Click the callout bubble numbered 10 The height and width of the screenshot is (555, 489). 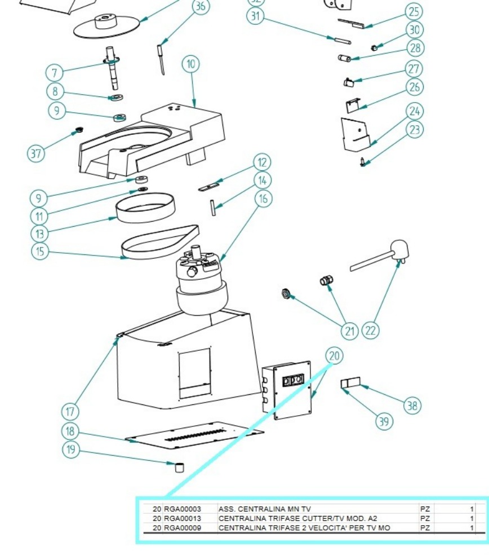[191, 64]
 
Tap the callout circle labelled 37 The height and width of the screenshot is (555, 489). [36, 153]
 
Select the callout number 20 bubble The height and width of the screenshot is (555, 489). [334, 356]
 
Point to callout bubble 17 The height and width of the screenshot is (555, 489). [70, 412]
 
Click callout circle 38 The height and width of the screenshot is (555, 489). [412, 406]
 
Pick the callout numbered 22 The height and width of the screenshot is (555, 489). [370, 331]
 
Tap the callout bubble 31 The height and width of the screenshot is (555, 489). [255, 16]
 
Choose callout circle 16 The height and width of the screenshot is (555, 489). [264, 199]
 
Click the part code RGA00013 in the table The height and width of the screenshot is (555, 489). [183, 518]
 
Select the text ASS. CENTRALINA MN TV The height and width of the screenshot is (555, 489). [264, 509]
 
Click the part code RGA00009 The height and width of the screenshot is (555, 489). [183, 528]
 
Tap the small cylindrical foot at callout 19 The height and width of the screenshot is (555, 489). [180, 467]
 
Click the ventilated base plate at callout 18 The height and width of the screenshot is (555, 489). [194, 435]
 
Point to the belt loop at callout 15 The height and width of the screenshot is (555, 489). [160, 243]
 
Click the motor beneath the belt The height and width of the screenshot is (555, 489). [202, 280]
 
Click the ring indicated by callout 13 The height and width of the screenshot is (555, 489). [145, 208]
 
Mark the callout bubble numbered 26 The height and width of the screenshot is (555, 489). [415, 87]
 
